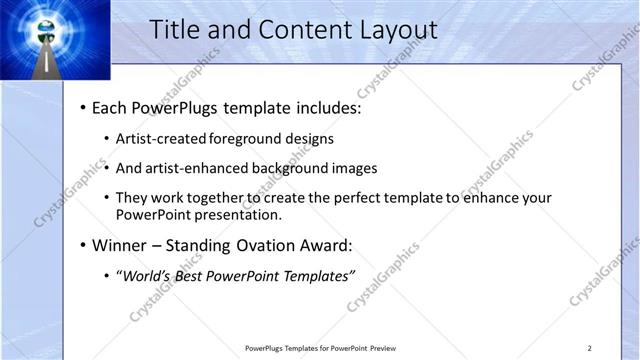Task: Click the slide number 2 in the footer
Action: coord(590,347)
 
